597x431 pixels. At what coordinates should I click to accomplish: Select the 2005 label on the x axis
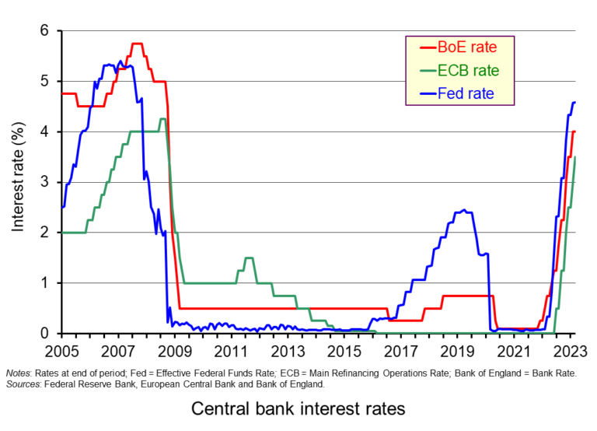click(x=61, y=350)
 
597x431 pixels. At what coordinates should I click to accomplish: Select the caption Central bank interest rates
click(x=298, y=408)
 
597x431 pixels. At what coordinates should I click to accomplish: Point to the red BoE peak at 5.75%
click(x=138, y=44)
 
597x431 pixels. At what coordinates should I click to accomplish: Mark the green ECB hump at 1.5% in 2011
click(x=249, y=258)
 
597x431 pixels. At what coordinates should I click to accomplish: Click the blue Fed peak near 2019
click(x=463, y=210)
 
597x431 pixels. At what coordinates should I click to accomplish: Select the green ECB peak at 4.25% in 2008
click(x=162, y=119)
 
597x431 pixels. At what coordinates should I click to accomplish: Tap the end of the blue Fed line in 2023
click(x=574, y=102)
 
